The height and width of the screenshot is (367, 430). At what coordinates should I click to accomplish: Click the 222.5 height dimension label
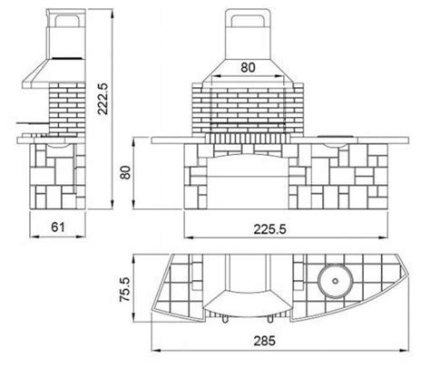point(103,99)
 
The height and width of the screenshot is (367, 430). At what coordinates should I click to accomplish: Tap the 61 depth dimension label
point(58,227)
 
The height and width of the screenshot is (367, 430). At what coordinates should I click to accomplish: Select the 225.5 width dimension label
point(269,229)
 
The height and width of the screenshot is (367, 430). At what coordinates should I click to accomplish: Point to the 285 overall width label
point(265,341)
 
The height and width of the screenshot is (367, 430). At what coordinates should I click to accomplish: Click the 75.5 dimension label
point(124,289)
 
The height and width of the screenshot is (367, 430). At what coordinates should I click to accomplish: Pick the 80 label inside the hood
point(248,67)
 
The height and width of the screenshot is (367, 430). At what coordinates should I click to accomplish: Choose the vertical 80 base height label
point(125,172)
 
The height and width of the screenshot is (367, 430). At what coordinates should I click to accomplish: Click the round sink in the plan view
point(335,281)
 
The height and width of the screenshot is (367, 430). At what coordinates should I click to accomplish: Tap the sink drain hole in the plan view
point(335,281)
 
